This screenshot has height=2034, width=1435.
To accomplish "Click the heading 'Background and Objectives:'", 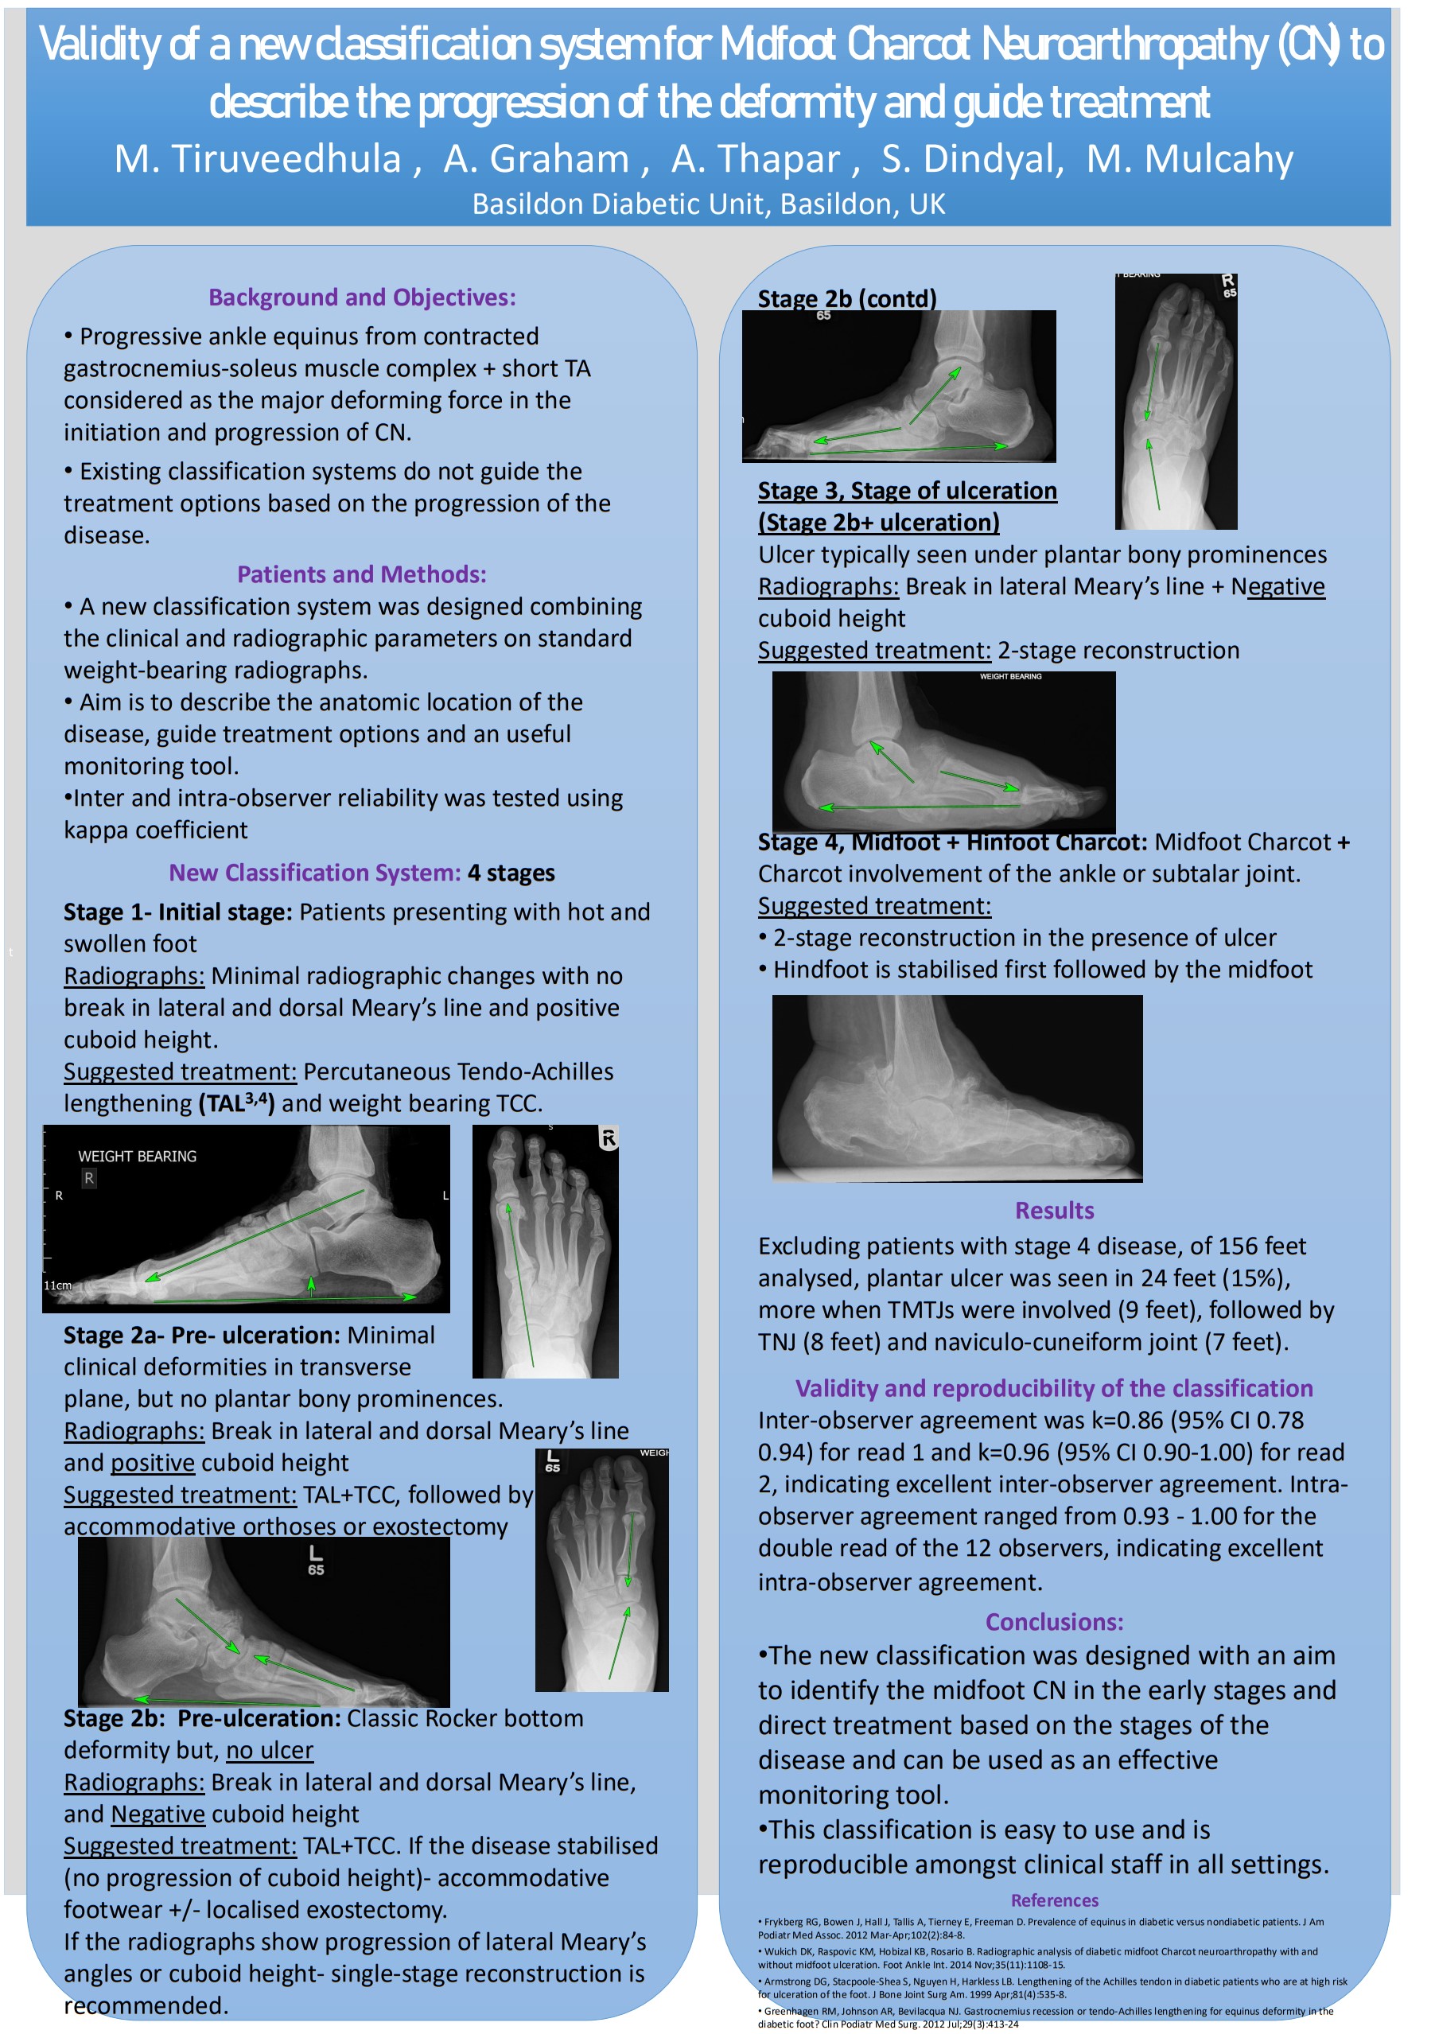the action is (361, 298).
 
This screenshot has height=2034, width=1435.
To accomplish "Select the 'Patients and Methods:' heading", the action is (361, 575).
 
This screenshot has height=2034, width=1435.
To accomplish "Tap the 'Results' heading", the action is (1054, 1211).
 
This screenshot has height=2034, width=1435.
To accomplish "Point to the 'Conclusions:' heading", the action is (1054, 1622).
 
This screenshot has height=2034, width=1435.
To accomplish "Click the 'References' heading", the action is (1054, 1900).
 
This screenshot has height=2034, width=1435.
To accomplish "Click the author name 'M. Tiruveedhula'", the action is (258, 159).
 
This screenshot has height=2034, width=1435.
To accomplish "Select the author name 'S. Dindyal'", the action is (970, 159).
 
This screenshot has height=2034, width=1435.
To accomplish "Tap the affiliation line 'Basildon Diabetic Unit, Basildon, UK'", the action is (709, 204).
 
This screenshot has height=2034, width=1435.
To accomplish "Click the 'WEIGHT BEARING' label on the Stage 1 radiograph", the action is (138, 1157).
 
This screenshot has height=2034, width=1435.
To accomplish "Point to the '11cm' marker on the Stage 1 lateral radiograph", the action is (57, 1285).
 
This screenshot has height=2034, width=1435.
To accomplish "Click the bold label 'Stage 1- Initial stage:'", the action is (177, 912).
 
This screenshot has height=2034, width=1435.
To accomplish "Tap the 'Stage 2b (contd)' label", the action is (847, 298).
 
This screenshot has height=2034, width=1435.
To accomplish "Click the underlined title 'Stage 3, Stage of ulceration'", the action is (907, 491).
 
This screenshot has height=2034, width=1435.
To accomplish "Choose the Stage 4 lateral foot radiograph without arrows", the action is (957, 1089).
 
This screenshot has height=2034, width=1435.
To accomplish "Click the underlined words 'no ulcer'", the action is (270, 1751).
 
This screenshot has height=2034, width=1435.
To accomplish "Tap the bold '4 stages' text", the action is (511, 873).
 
